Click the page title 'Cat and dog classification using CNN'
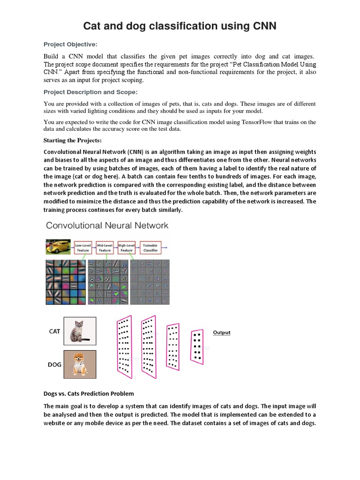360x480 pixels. (x=180, y=26)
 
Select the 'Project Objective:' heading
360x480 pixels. (x=70, y=45)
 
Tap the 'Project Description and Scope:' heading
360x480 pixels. (x=90, y=92)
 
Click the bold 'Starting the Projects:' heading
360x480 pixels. (x=72, y=140)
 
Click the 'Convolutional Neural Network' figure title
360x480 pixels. (x=107, y=225)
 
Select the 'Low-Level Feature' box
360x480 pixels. (x=83, y=247)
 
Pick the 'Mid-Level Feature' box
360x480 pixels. (x=105, y=247)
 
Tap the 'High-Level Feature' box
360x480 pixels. (x=127, y=247)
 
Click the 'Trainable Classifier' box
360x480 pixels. (x=150, y=247)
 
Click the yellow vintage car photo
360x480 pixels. (x=58, y=247)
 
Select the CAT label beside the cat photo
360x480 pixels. (x=54, y=331)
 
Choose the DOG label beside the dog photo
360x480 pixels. (x=54, y=364)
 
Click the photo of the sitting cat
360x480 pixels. (x=80, y=331)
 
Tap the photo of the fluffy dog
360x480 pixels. (x=80, y=364)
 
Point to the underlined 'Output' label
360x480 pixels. (x=222, y=332)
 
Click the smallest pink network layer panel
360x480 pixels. (x=197, y=347)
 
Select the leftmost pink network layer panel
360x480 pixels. (x=124, y=346)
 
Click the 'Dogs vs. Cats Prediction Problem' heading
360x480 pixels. (x=89, y=393)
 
